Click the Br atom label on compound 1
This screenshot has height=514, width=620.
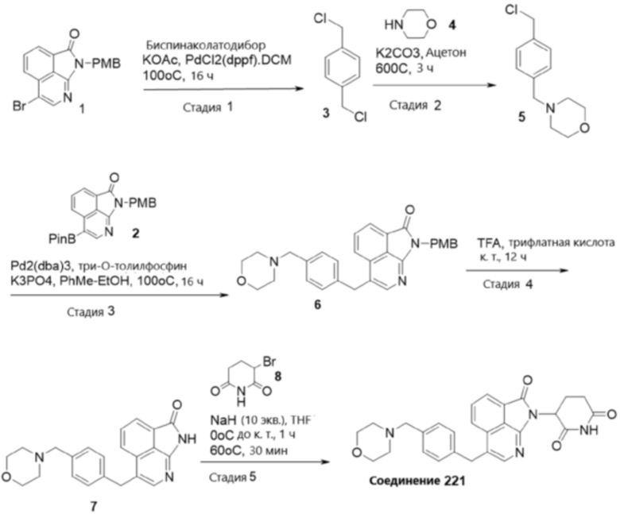[x=19, y=106]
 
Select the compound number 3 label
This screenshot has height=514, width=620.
[x=325, y=114]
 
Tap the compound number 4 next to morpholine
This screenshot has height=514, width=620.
[x=451, y=25]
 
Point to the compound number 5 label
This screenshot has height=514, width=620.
[x=522, y=118]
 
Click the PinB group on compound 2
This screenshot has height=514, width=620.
[x=62, y=238]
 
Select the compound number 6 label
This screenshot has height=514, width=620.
[x=317, y=304]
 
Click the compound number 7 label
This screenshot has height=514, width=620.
[x=93, y=506]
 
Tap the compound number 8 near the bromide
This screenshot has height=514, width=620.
[x=278, y=376]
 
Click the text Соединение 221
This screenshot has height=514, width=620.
[x=417, y=481]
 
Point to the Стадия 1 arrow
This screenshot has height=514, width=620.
[x=223, y=88]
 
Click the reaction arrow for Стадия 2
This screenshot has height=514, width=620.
[x=434, y=85]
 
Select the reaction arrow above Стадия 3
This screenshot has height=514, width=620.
[x=120, y=295]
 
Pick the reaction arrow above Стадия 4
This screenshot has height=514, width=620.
[x=517, y=271]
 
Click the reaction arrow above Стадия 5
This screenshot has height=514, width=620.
[x=265, y=462]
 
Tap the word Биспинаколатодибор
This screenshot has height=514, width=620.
[x=206, y=45]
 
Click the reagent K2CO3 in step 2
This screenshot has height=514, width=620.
[x=397, y=52]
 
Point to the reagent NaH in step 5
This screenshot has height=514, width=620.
[x=223, y=419]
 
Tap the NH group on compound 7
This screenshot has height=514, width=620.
[x=187, y=439]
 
